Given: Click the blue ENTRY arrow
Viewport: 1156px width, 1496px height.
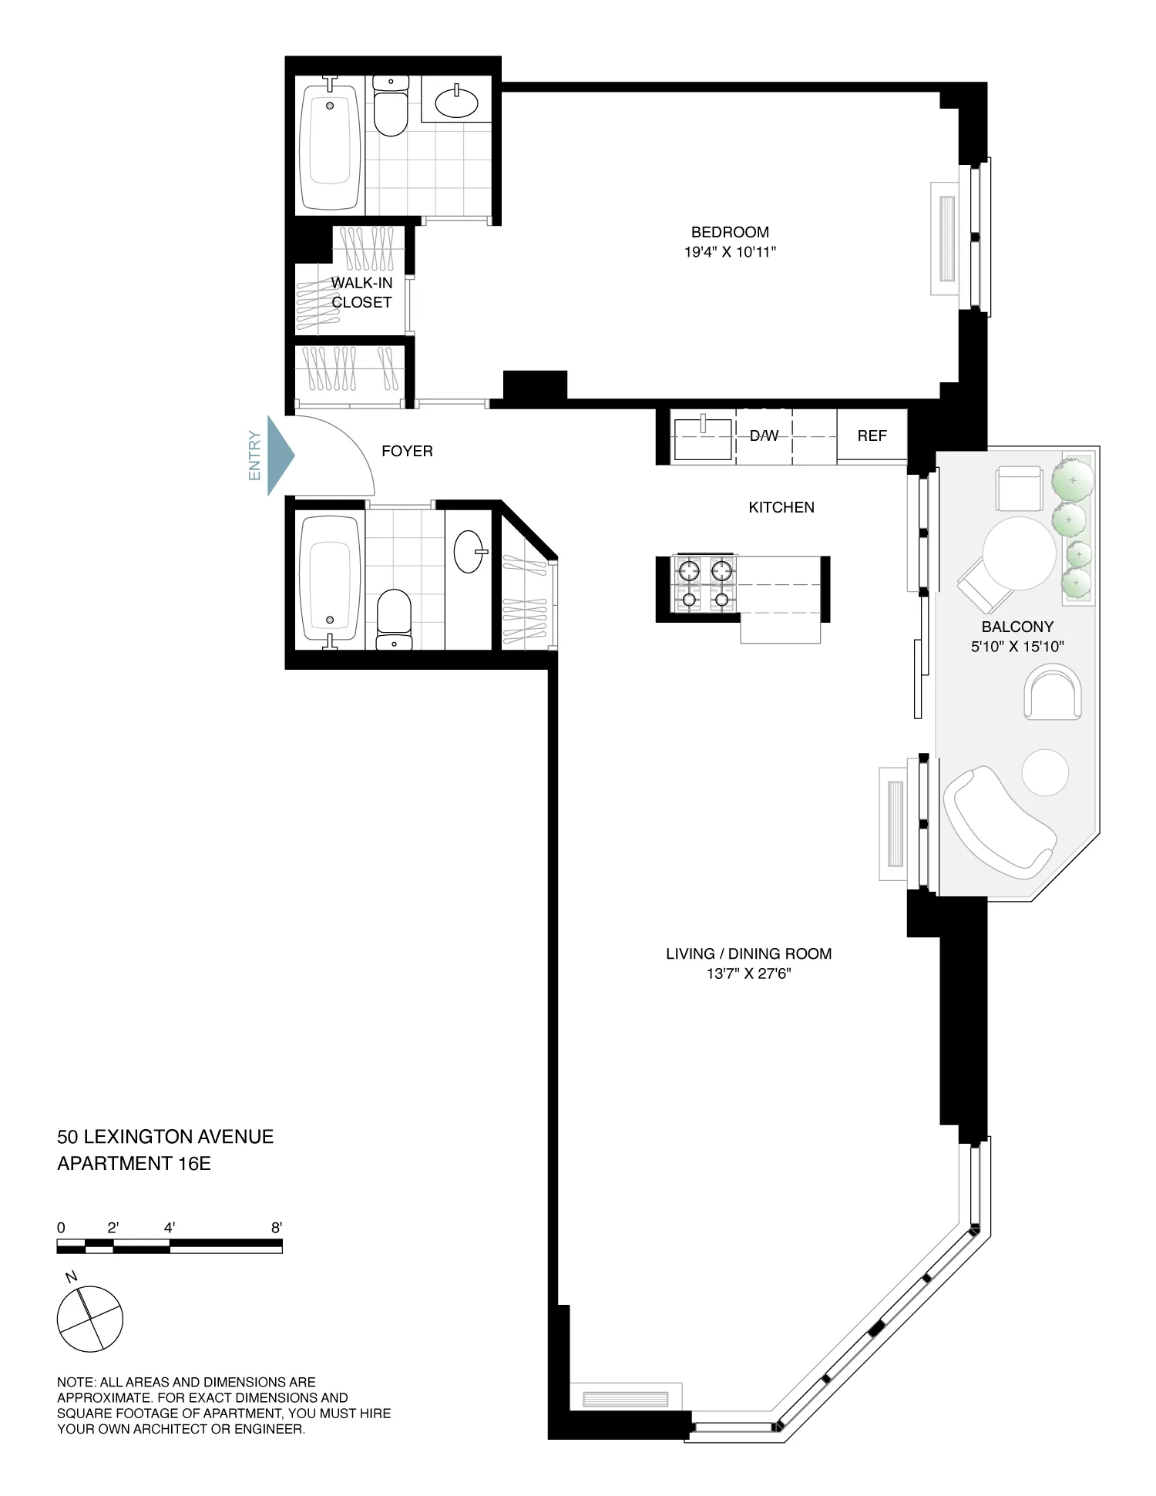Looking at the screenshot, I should pos(280,455).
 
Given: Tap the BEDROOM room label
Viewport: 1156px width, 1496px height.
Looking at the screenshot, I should pos(730,232).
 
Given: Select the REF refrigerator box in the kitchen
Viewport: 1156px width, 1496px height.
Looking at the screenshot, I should pos(872,436).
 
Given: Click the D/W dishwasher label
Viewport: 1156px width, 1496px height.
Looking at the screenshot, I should pos(764,436).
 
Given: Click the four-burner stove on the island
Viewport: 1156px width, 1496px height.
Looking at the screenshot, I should pos(704,584).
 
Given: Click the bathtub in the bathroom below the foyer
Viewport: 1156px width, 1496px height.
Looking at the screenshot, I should pos(330,578).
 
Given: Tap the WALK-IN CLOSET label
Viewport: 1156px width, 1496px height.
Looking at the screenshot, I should pos(361,293).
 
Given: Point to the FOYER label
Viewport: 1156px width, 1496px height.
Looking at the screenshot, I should pos(407,452).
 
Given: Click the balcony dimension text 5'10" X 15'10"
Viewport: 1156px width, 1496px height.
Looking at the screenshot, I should pos(1017,647).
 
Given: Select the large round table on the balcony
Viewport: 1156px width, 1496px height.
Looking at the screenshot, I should pos(1019,553).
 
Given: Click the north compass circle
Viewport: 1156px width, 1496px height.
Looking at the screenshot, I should pos(90,1319).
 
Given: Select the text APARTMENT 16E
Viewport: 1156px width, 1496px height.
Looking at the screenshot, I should pos(134,1164).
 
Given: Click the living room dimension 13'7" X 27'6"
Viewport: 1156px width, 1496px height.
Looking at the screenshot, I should pos(748,974).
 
